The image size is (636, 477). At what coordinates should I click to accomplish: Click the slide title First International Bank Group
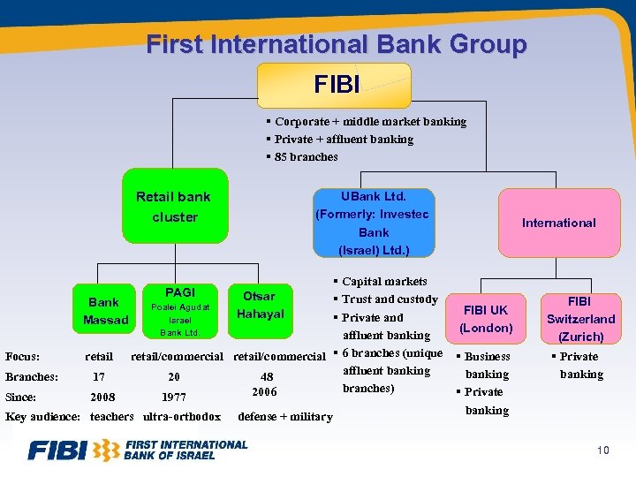pyautogui.click(x=336, y=44)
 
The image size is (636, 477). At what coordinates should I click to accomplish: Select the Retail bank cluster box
pyautogui.click(x=175, y=207)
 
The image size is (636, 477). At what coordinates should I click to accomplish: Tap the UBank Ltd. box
pyautogui.click(x=374, y=223)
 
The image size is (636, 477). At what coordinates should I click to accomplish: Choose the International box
pyautogui.click(x=558, y=223)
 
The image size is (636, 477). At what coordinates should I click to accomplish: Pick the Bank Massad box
pyautogui.click(x=105, y=311)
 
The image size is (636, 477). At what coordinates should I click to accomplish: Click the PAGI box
pyautogui.click(x=179, y=311)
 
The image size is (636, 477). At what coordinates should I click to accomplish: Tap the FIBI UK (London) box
pyautogui.click(x=487, y=319)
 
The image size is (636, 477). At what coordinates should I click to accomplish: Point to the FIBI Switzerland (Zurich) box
pyautogui.click(x=580, y=319)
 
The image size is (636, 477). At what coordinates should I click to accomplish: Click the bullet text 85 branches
pyautogui.click(x=305, y=157)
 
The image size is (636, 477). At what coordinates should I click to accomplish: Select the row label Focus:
pyautogui.click(x=22, y=357)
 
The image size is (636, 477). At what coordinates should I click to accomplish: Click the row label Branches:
pyautogui.click(x=32, y=376)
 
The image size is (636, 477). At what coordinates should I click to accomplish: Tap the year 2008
pyautogui.click(x=102, y=397)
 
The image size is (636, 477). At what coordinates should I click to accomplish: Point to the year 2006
pyautogui.click(x=264, y=391)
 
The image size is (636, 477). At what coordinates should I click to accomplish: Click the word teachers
pyautogui.click(x=111, y=417)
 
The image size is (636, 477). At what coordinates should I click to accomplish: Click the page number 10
pyautogui.click(x=602, y=451)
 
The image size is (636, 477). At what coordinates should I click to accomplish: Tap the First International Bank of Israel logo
pyautogui.click(x=137, y=450)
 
